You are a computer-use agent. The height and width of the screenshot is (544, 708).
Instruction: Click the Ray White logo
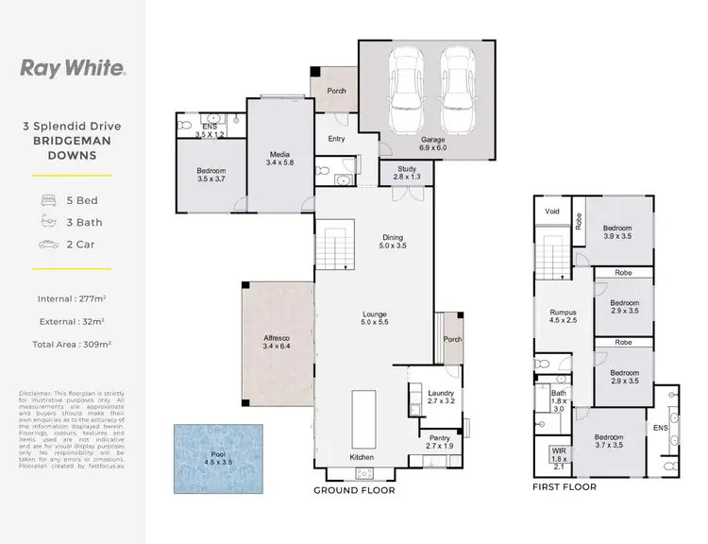[73, 68]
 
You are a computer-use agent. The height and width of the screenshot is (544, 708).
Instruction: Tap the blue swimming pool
[218, 457]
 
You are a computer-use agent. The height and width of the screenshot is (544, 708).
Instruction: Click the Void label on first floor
[552, 212]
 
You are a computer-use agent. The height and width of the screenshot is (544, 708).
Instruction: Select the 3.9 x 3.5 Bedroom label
[617, 232]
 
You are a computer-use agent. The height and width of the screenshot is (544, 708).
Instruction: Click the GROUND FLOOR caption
[354, 490]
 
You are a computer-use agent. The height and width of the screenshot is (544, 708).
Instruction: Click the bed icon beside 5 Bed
[48, 201]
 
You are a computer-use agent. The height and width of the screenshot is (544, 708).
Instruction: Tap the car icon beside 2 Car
[48, 245]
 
